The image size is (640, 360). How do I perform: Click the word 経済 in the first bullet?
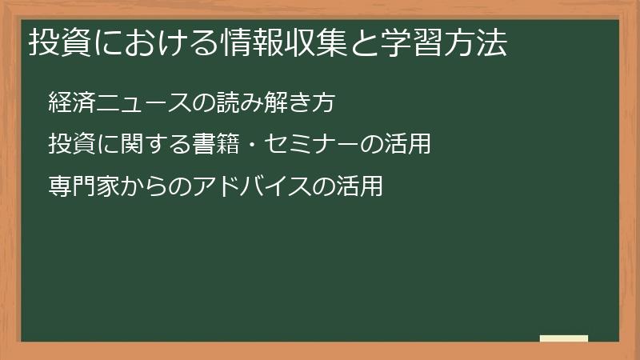70,103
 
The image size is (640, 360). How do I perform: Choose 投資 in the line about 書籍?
70,145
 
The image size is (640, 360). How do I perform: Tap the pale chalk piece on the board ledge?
563,339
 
